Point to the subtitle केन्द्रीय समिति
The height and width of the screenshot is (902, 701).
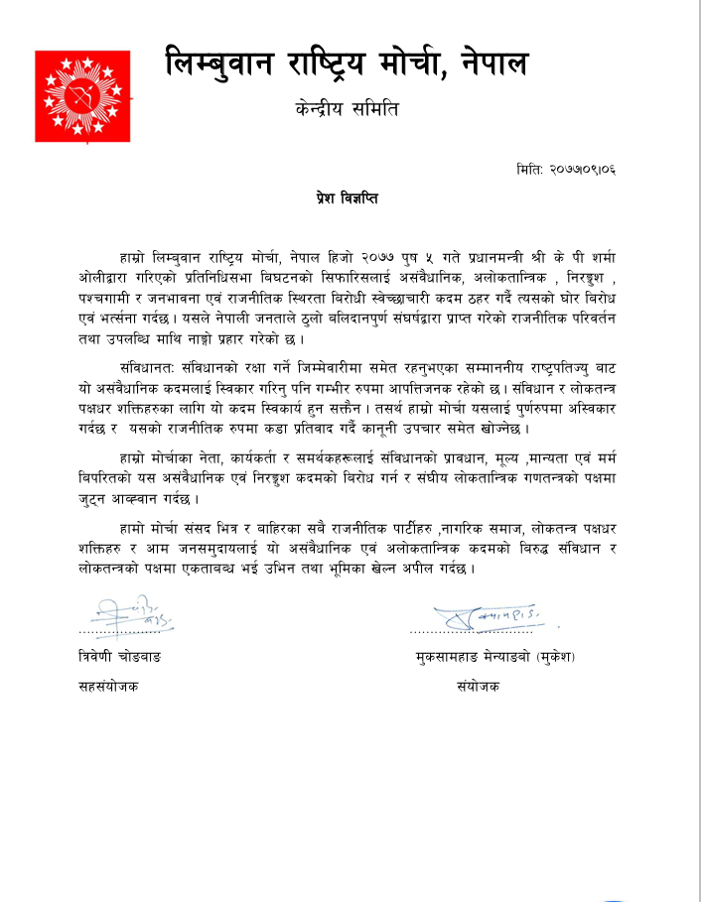click(x=350, y=110)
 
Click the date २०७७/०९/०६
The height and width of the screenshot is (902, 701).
click(x=582, y=170)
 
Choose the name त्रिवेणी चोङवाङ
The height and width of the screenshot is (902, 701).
click(x=121, y=658)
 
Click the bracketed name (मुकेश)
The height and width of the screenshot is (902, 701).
click(x=556, y=658)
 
